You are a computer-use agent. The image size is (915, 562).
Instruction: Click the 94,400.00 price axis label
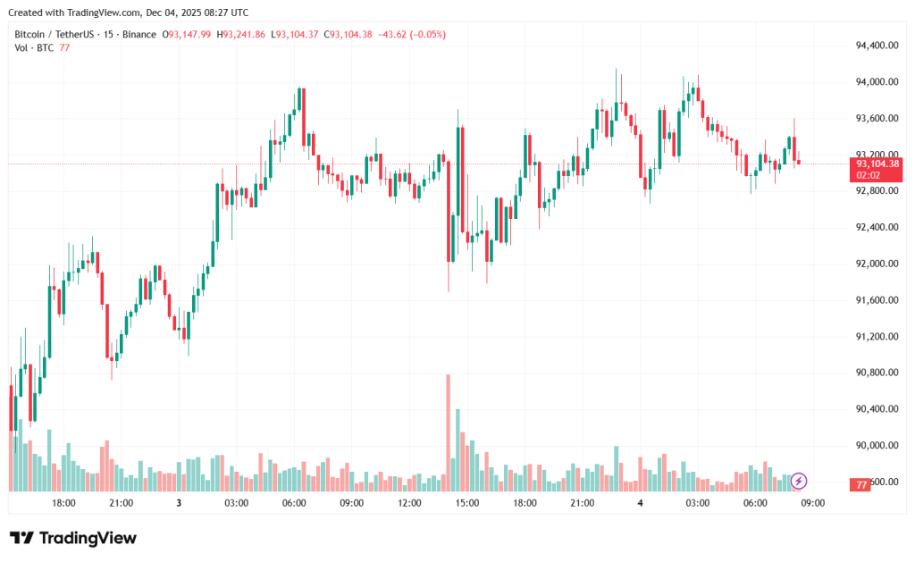coord(875,46)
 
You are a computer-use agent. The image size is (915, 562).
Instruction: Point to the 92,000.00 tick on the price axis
coord(875,264)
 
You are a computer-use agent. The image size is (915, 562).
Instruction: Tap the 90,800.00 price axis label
coord(875,373)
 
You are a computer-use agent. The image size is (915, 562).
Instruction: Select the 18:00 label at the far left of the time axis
coord(63,503)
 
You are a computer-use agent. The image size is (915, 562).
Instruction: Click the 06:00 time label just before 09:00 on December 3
coord(294,503)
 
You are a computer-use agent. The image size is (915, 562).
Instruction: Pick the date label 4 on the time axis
coord(640,503)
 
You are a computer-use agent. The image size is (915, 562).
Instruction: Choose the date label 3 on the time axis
coord(179,503)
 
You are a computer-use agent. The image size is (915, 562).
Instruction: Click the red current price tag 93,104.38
coord(877,164)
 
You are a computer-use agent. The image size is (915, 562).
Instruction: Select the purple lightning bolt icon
coord(799,481)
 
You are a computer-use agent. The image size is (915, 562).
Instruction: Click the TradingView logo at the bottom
coord(73,538)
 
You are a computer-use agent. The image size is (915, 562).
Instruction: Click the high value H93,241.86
coord(243,34)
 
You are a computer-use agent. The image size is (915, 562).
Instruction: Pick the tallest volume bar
coord(448,432)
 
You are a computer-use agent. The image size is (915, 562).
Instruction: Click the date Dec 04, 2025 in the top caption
coord(176,13)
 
